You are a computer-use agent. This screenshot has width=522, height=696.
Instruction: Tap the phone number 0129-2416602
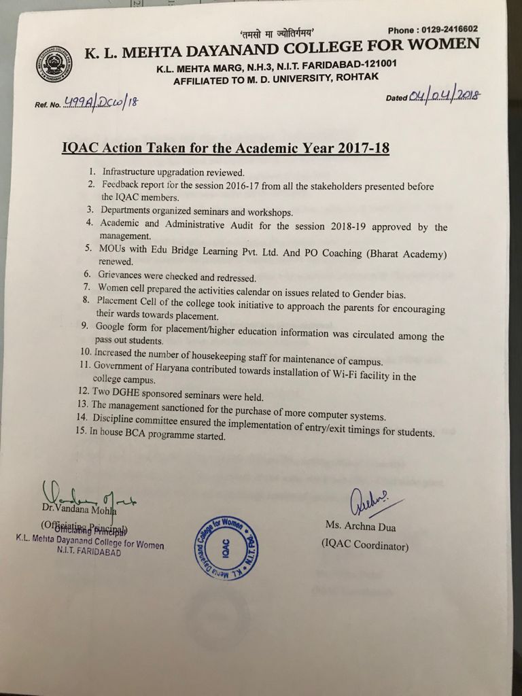pos(442,29)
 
